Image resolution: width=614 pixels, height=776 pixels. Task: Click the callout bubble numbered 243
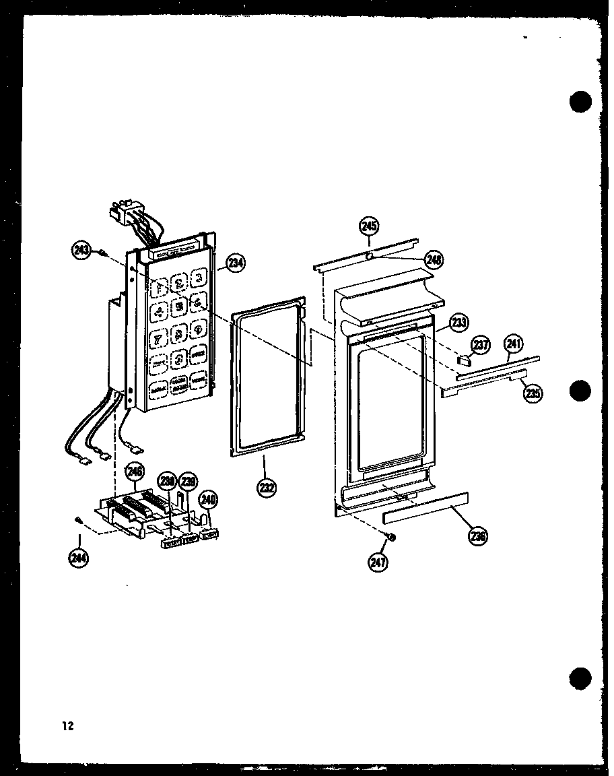point(81,251)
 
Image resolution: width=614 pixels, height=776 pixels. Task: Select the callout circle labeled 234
point(235,263)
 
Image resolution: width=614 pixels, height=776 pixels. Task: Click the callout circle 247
point(378,560)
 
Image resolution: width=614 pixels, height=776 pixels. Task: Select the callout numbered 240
point(209,499)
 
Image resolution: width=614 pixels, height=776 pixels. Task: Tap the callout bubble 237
point(480,345)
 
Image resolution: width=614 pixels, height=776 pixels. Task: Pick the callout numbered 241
point(514,344)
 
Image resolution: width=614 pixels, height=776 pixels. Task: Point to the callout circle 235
point(533,393)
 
